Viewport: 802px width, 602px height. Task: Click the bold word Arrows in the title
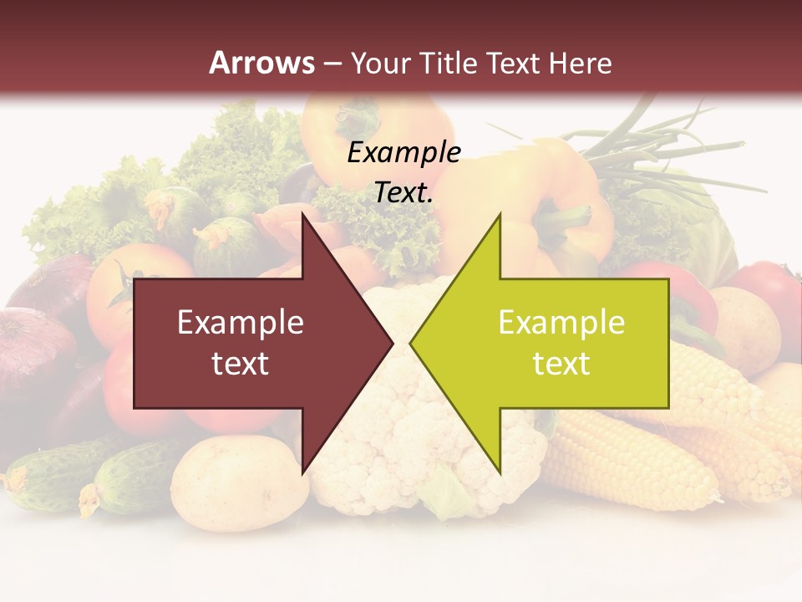click(261, 63)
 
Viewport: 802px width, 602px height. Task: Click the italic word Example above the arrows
click(404, 153)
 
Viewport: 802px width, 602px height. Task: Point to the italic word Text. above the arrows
click(404, 192)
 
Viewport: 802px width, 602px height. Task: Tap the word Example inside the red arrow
click(241, 323)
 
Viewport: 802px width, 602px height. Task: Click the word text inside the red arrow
click(241, 364)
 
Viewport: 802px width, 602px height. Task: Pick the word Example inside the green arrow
click(561, 323)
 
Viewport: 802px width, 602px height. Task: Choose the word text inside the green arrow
click(561, 364)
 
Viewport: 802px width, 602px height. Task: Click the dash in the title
click(332, 64)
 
